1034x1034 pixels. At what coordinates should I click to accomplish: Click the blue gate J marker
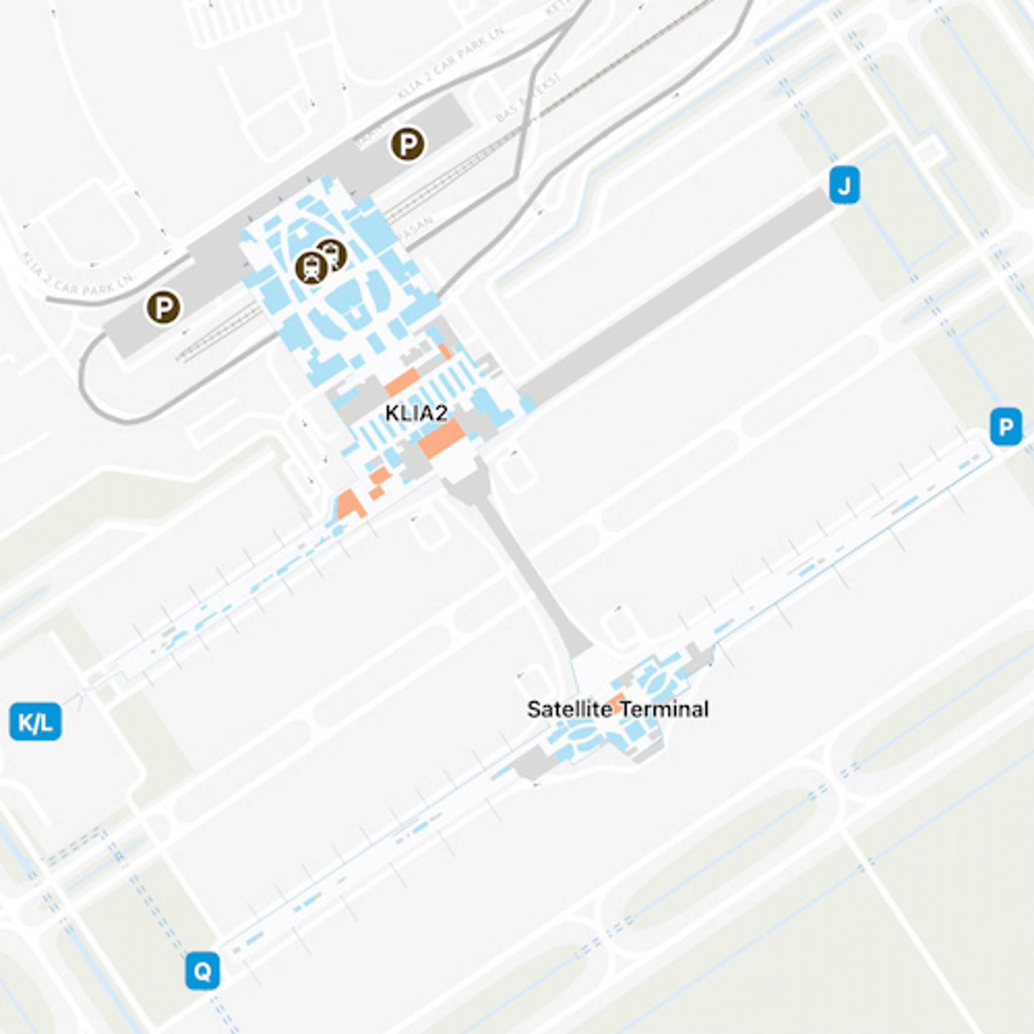coord(844,185)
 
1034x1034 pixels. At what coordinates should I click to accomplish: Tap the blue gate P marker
coord(1006,427)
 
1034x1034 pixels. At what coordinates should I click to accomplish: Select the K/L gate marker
coord(35,722)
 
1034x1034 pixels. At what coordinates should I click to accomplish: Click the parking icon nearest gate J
coord(408,144)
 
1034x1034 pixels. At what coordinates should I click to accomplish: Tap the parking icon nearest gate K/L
coord(163,307)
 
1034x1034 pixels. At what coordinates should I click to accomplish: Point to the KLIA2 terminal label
coord(417,413)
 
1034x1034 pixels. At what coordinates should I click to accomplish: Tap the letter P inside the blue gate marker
coord(1006,427)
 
